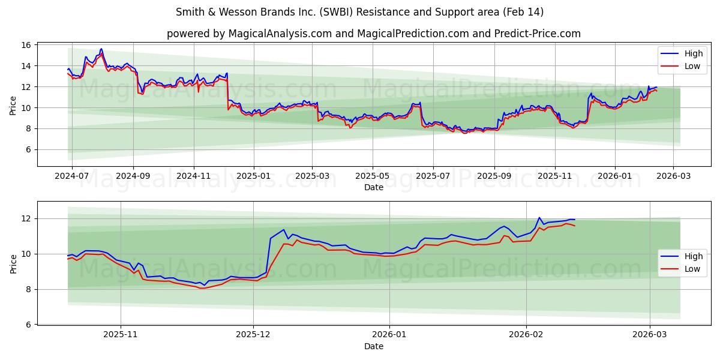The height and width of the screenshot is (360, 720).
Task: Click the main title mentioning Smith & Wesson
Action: click(360, 12)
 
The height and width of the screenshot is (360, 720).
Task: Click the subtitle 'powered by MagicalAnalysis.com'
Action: click(373, 34)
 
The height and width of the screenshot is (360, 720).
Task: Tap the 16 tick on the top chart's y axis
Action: click(26, 45)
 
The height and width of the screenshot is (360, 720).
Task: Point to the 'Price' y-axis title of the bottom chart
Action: click(13, 263)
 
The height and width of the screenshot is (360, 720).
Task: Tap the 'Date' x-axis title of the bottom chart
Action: click(373, 346)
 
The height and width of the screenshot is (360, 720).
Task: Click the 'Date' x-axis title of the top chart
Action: click(373, 187)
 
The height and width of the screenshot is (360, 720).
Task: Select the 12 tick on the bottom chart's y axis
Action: click(26, 218)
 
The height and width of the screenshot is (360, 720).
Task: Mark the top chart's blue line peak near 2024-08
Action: click(101, 49)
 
